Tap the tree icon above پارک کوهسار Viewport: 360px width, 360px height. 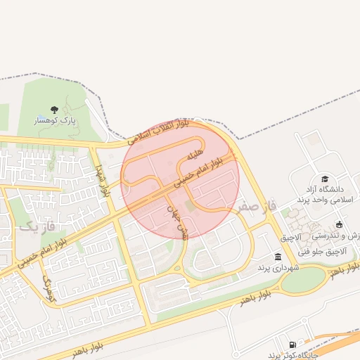[56, 110]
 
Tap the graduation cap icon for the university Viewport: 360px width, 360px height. [325, 179]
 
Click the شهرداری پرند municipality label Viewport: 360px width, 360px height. [278, 268]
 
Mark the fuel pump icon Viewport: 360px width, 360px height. [292, 344]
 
